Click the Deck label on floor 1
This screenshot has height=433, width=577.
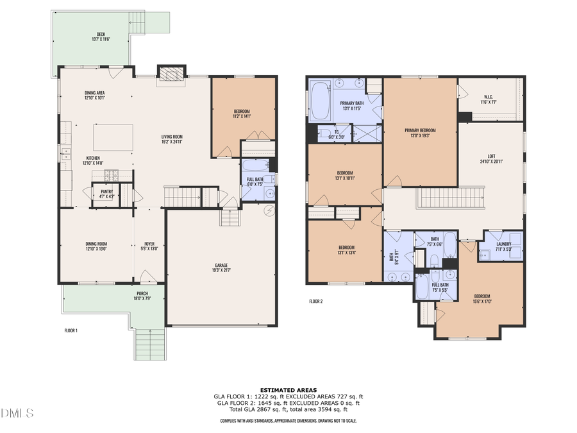(100, 37)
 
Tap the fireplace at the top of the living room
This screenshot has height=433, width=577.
(171, 74)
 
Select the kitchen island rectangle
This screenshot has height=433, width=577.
(113, 137)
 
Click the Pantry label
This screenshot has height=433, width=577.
(106, 193)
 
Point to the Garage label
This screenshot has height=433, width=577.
(221, 267)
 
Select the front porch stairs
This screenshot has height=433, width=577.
(151, 343)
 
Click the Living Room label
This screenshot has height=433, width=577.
(172, 139)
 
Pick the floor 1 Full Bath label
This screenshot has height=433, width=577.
(255, 182)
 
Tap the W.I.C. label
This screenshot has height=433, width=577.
(489, 99)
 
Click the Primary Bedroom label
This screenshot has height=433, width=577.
(420, 133)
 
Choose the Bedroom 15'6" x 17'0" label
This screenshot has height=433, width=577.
(481, 298)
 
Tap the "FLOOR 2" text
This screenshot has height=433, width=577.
(315, 301)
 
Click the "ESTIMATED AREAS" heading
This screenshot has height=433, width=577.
(288, 390)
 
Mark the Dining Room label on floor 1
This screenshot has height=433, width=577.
(96, 246)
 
